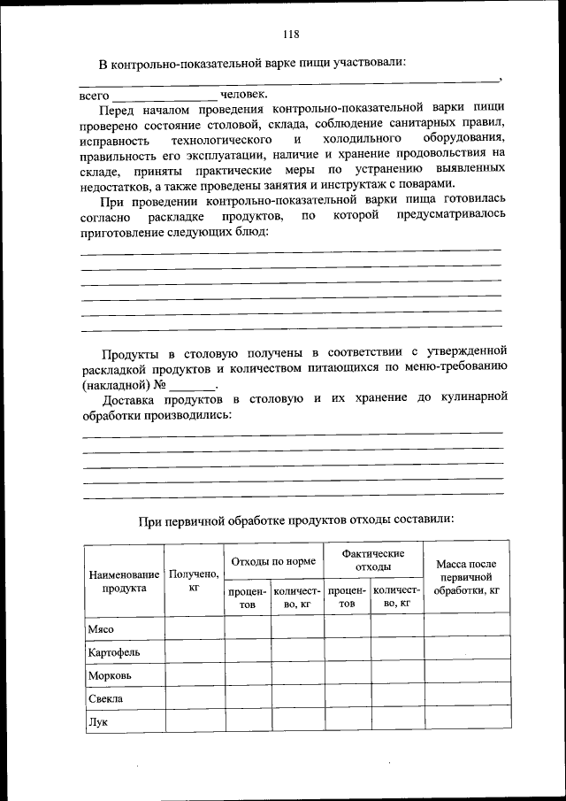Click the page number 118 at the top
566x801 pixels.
point(291,35)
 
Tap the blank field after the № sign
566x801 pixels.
point(192,387)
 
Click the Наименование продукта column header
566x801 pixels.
point(124,581)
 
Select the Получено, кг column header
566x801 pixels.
point(194,581)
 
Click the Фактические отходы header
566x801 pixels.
point(373,560)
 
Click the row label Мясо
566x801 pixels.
point(101,628)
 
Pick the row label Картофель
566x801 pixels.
point(113,652)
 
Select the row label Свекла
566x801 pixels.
point(105,698)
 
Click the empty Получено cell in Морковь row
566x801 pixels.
point(194,675)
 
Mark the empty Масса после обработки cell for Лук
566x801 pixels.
point(467,721)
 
